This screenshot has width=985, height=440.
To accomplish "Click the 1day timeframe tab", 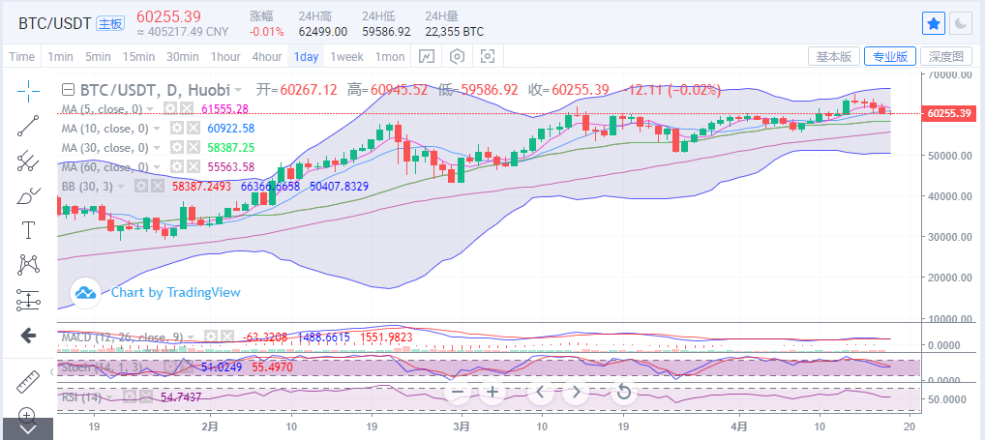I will coord(307,57).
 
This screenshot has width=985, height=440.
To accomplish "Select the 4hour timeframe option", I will coord(267,57).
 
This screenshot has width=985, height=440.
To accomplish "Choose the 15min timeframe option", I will coord(138,57).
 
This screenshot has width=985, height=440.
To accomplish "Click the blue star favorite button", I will coord(934,22).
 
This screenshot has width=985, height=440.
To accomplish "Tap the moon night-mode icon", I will coord(961,22).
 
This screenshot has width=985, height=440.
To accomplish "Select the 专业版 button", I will coord(888,56).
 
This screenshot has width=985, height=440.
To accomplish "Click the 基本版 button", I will coord(833,56).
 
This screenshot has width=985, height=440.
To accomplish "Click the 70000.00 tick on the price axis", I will coord(949,73).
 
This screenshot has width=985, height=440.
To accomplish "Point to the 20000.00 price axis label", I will coord(949,278).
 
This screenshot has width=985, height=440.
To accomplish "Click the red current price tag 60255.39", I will coord(948,113).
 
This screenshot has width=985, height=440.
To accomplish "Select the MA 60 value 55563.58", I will coord(224,166).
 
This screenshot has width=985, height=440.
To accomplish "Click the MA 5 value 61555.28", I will coord(224,109).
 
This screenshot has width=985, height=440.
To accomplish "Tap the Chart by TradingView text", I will coord(175,291).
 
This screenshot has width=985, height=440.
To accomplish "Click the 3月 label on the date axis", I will coord(462,425).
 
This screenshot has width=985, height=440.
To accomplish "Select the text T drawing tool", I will coord(28,230).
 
